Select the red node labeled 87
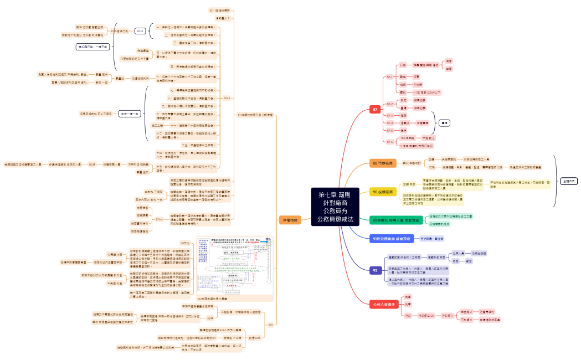point(375,110)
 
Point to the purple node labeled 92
point(375,270)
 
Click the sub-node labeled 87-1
point(389,76)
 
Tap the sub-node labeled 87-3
point(389,115)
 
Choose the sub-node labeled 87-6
point(389,142)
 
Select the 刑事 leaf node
point(408,304)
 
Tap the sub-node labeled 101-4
point(143,219)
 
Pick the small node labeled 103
point(270,325)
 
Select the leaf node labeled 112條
point(92,164)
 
